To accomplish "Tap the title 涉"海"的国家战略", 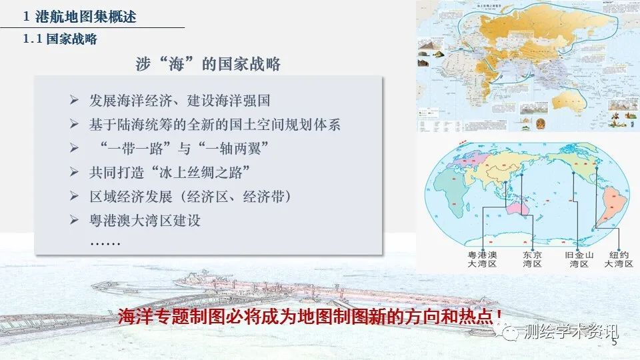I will click(x=207, y=64).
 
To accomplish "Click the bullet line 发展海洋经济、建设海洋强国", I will click(x=179, y=101).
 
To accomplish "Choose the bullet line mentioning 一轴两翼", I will click(x=177, y=148).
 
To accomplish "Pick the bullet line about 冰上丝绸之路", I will click(x=169, y=172).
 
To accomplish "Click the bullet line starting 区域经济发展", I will click(x=190, y=196).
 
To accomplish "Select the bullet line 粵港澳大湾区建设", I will click(x=145, y=220).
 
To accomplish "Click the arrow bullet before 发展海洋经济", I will click(x=75, y=101).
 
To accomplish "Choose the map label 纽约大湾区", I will click(x=617, y=259).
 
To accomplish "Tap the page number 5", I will click(x=614, y=344).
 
